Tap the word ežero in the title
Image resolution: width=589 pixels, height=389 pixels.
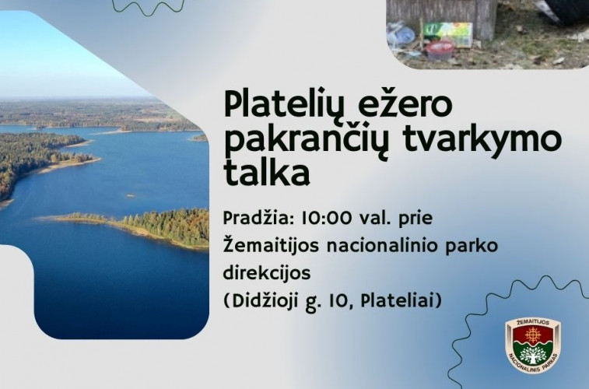click(395, 104)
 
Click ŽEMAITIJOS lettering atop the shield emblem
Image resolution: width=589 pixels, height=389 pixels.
click(534, 321)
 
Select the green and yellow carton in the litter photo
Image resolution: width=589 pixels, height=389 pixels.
click(447, 33)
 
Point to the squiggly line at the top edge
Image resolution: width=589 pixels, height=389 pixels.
click(148, 8)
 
